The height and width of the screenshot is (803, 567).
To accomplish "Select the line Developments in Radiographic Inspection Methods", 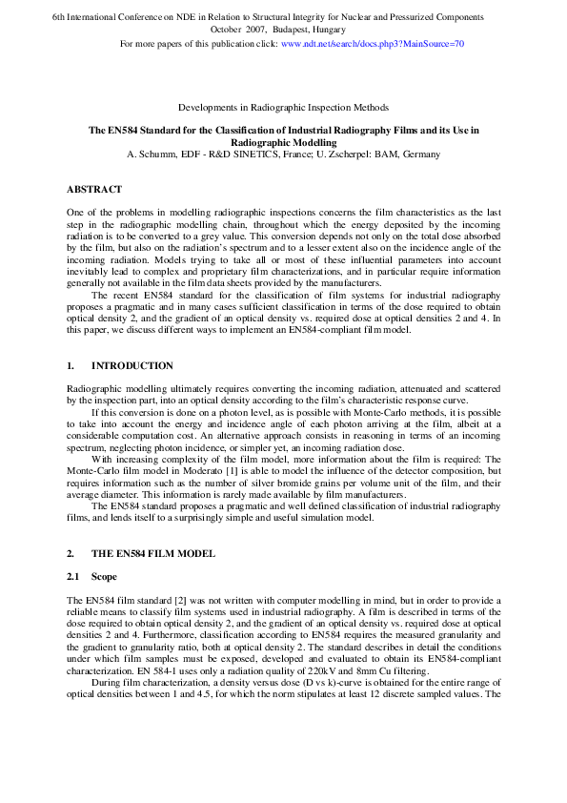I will pos(283,108).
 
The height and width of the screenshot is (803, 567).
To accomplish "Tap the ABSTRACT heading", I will pos(94,189).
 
